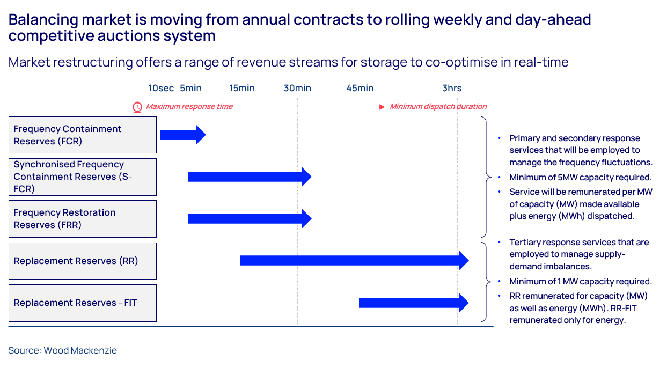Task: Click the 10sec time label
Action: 161,88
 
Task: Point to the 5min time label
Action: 190,88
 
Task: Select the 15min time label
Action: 242,88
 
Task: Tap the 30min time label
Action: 297,88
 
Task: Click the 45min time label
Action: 360,88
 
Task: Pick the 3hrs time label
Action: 452,88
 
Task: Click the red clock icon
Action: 137,107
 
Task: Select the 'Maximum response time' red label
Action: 189,107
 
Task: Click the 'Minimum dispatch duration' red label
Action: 438,107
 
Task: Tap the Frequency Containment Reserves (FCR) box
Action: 83,135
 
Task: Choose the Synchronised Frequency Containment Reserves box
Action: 83,177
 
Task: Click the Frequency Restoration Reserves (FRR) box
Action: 83,219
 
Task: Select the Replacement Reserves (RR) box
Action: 83,261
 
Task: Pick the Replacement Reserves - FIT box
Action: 83,303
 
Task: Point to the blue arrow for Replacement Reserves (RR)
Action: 354,261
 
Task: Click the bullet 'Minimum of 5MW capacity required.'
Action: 580,178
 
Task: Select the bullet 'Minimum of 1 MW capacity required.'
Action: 580,282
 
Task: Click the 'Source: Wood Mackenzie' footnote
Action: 62,350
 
